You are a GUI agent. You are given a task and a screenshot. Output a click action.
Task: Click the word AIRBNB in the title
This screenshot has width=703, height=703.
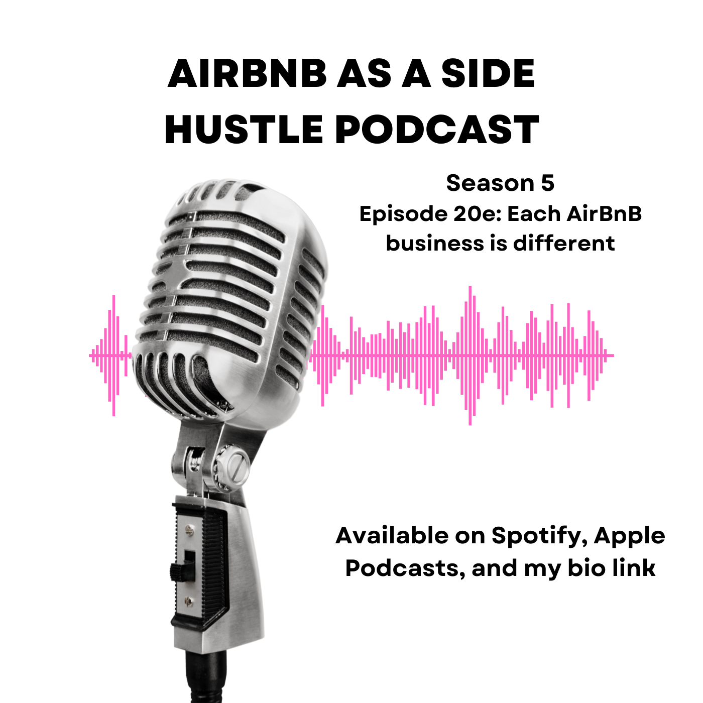tap(248, 74)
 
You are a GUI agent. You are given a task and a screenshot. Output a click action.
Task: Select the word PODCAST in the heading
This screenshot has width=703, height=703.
tap(437, 129)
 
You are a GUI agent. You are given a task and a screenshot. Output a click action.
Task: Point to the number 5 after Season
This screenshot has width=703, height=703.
tap(547, 183)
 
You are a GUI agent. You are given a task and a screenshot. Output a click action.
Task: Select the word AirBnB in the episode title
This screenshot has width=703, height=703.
tap(604, 214)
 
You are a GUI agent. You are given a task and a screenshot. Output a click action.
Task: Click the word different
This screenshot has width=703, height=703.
tap(564, 244)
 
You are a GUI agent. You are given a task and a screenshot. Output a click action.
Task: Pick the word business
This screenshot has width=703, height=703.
tap(434, 244)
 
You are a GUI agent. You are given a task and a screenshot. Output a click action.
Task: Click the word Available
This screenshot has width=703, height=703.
tap(392, 536)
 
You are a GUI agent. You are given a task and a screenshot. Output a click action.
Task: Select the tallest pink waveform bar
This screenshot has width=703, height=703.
tap(470, 356)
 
